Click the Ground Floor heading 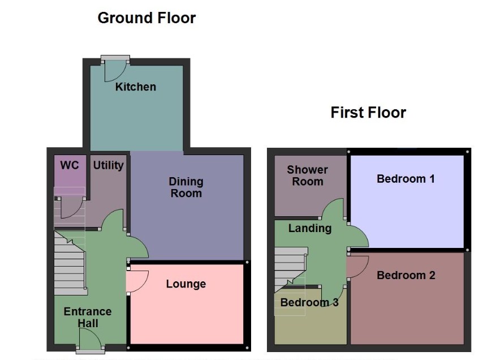[x=146, y=18]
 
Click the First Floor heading [x=368, y=113]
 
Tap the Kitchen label [x=136, y=87]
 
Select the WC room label [x=70, y=165]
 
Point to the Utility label [x=108, y=165]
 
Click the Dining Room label [x=186, y=187]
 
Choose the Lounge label [x=186, y=284]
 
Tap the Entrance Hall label [x=88, y=317]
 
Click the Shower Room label [x=307, y=175]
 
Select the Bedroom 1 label [x=405, y=179]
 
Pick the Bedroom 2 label [x=406, y=275]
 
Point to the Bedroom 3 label [x=309, y=302]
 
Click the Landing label [x=310, y=228]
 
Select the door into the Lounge [x=137, y=281]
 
